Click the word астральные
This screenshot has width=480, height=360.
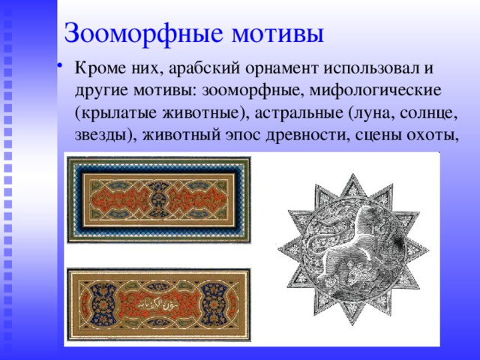click(297, 114)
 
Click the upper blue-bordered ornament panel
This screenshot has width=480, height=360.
click(159, 199)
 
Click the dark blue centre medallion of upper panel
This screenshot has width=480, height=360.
click(159, 199)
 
